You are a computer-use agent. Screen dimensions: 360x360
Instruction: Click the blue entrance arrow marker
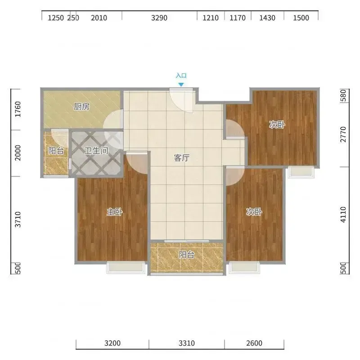[181, 85]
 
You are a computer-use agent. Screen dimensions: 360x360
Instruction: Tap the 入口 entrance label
[181, 76]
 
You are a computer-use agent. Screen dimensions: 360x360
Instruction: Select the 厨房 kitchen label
[82, 107]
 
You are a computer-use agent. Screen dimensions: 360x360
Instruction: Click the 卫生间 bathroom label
[96, 151]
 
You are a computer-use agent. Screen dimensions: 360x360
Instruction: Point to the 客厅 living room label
[182, 158]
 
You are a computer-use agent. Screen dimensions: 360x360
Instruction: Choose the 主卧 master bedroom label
[115, 212]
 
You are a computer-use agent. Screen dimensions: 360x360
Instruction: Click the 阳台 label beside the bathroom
[56, 151]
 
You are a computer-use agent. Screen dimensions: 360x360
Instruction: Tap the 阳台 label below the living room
[187, 255]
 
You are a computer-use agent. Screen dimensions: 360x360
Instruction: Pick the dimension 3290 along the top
[159, 18]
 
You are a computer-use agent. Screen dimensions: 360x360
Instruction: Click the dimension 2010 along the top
[99, 18]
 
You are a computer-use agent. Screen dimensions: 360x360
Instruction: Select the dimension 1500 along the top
[301, 18]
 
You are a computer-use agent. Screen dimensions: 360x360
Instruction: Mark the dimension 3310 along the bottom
[187, 343]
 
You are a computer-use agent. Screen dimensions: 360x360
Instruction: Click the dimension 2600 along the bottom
[254, 343]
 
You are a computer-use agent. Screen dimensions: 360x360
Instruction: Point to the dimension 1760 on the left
[18, 109]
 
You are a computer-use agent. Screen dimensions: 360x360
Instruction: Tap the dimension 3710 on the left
[18, 220]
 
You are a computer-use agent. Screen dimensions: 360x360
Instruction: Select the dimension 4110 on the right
[343, 215]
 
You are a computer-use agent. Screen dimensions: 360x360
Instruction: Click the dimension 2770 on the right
[343, 135]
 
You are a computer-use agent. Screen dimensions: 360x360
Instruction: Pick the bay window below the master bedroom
[126, 267]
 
